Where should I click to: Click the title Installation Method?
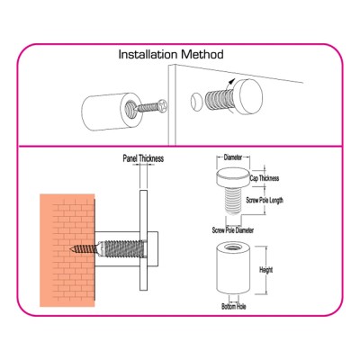click(x=171, y=54)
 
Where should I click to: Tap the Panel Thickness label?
click(x=143, y=158)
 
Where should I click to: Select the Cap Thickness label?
click(x=265, y=178)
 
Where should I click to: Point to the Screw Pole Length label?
click(x=265, y=200)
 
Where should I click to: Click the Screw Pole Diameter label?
click(x=233, y=230)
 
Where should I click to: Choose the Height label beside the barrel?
click(x=265, y=270)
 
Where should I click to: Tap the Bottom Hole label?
click(x=234, y=307)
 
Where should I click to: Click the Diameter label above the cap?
click(x=233, y=157)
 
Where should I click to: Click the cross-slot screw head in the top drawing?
click(x=163, y=104)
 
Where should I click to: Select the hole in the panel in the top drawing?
click(x=195, y=103)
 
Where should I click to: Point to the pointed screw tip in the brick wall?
click(x=71, y=248)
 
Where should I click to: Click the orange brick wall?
click(x=67, y=250)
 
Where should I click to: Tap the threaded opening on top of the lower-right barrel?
click(x=233, y=248)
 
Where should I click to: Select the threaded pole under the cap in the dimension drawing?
click(x=233, y=199)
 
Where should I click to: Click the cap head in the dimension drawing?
click(x=233, y=176)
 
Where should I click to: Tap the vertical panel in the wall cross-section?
click(x=143, y=240)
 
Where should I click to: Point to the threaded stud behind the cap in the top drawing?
click(x=219, y=101)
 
